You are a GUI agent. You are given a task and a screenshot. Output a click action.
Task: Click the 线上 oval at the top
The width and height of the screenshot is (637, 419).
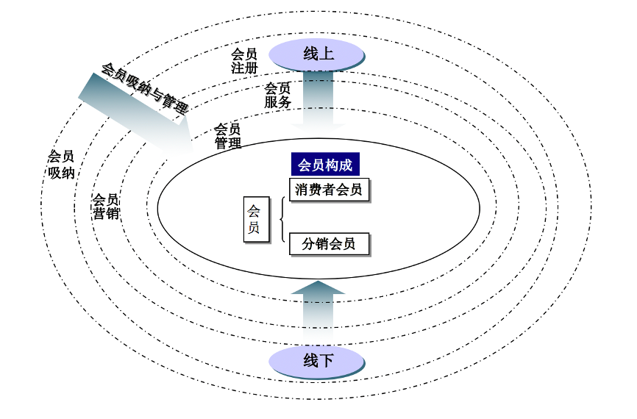(x=317, y=54)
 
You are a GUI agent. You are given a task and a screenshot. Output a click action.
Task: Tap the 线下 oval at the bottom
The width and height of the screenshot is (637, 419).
(x=317, y=360)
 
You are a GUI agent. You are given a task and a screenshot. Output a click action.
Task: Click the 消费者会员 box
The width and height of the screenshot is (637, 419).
(x=329, y=190)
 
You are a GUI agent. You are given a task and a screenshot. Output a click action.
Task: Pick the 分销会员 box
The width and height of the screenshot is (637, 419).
(x=329, y=244)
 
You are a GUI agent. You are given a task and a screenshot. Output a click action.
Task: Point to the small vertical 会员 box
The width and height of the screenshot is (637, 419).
(x=254, y=219)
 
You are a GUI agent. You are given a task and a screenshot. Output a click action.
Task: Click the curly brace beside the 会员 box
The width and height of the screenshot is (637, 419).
(x=282, y=219)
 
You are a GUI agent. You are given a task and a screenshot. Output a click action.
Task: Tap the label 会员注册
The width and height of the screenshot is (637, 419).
(x=244, y=60)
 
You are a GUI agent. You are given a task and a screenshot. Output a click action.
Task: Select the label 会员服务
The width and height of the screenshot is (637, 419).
(x=278, y=96)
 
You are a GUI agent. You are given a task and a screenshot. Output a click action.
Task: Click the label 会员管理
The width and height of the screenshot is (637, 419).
(x=228, y=136)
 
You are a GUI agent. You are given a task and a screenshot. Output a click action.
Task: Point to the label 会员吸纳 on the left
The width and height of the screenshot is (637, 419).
(x=61, y=165)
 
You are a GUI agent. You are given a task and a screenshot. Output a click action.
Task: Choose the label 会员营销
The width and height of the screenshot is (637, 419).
(x=106, y=206)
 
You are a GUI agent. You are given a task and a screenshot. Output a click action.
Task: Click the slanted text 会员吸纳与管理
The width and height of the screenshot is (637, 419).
(x=144, y=89)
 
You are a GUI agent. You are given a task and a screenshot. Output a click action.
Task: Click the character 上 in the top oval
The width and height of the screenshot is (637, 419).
(x=327, y=54)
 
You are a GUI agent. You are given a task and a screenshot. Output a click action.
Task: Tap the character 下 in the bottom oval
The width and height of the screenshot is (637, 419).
(x=327, y=360)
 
